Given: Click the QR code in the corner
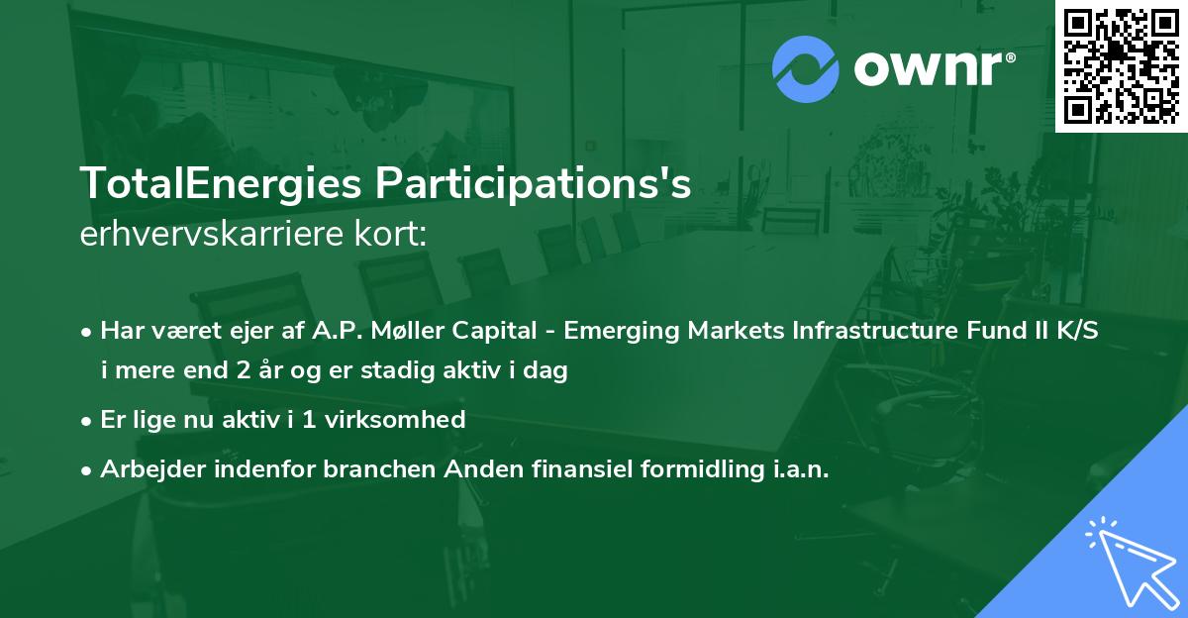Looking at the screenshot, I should tap(1121, 65).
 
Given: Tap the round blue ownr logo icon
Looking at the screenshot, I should tap(806, 69).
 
